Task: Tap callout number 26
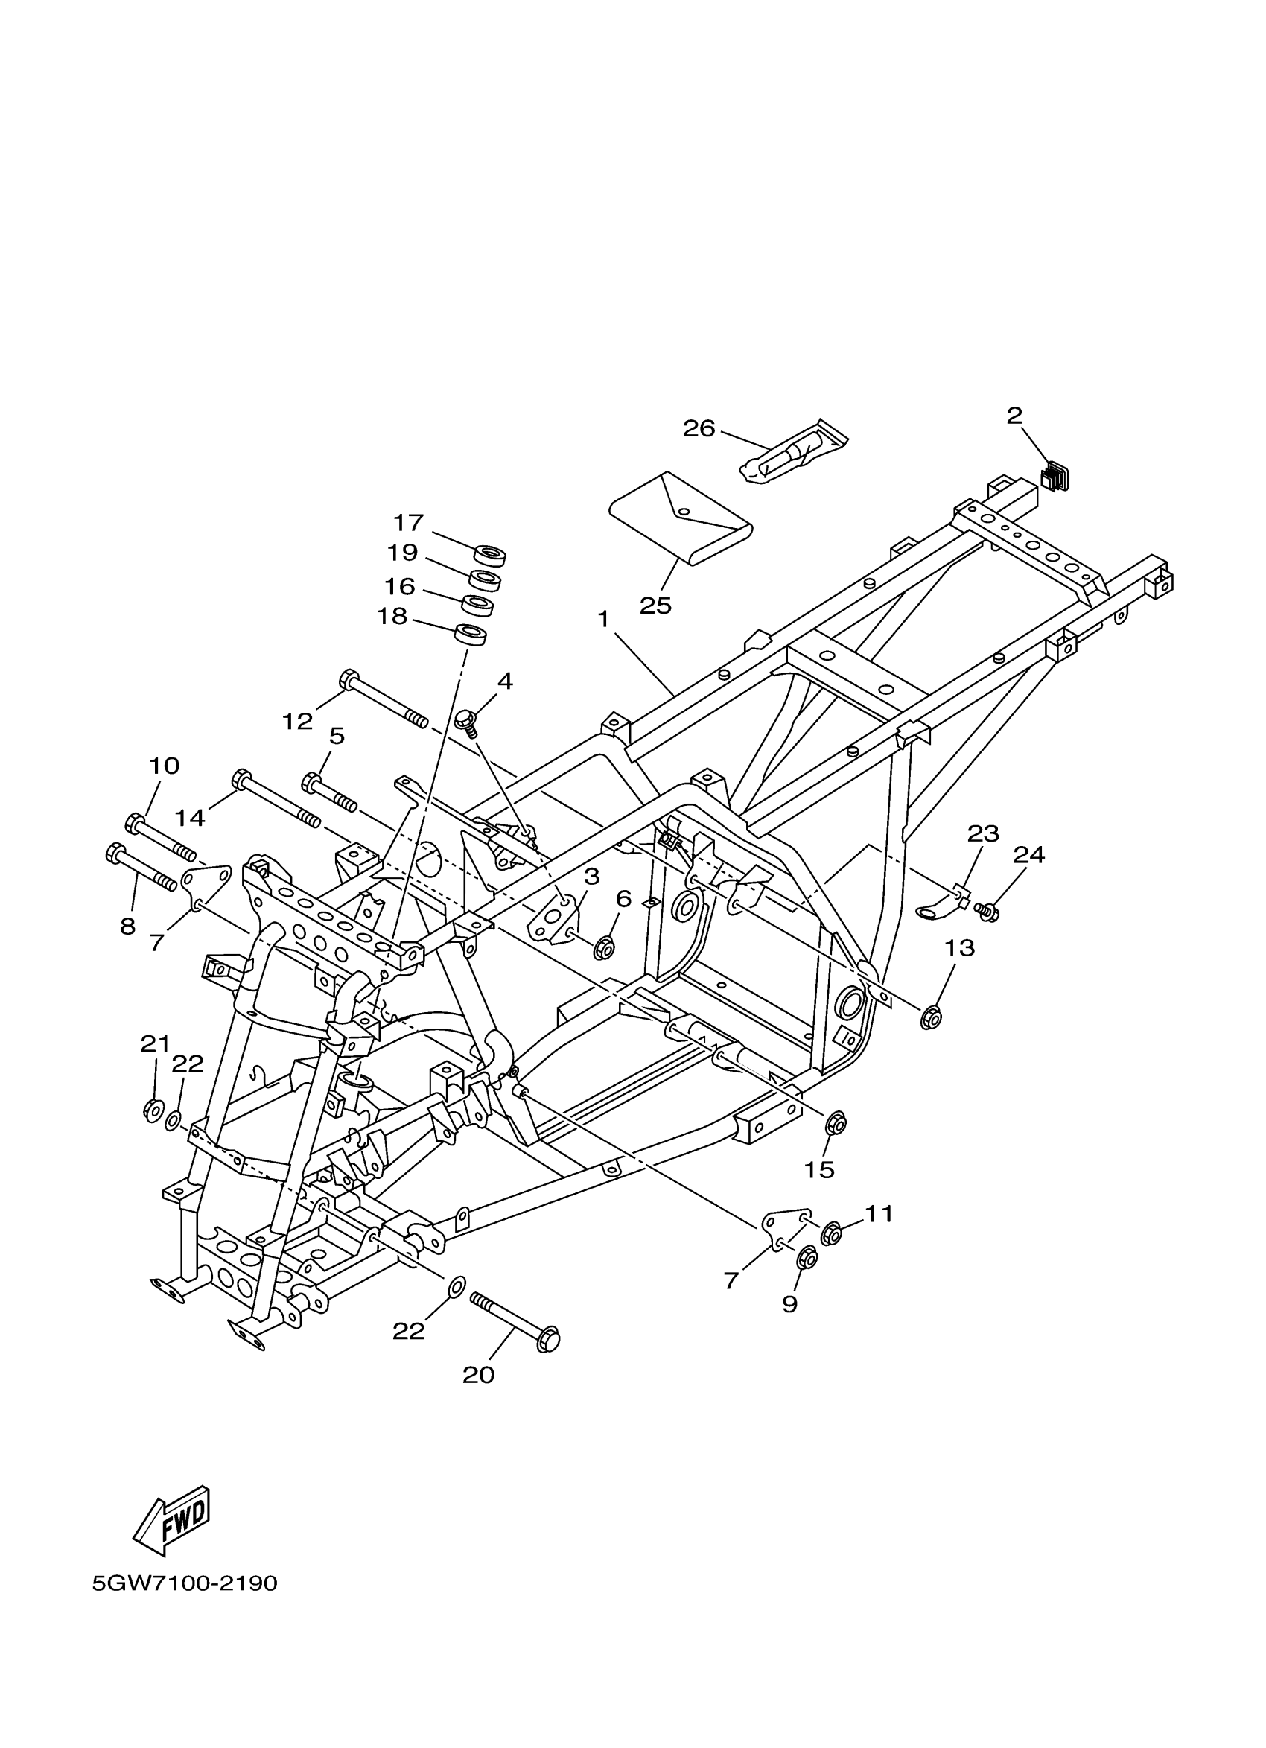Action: point(699,428)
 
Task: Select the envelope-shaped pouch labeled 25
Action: point(681,518)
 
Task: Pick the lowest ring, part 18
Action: point(471,635)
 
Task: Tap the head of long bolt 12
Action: point(349,679)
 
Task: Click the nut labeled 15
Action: point(836,1123)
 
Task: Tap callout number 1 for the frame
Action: point(603,618)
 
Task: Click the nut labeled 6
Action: point(604,950)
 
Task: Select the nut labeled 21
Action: point(153,1110)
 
